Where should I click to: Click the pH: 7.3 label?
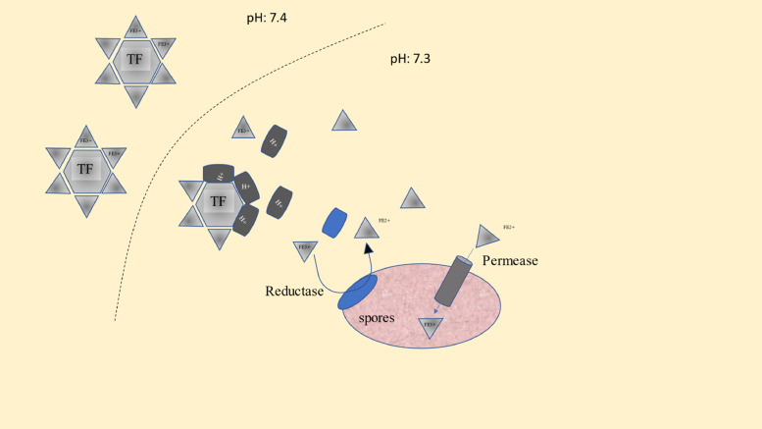coord(410,59)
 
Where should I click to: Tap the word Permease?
coord(510,261)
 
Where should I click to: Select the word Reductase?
coord(295,292)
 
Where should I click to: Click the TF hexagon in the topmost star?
coord(134,59)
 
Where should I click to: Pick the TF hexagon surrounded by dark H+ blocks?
coord(218,201)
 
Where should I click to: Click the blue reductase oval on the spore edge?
coord(357,293)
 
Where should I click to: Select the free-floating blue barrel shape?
coord(334,221)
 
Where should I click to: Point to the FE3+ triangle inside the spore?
coord(430,326)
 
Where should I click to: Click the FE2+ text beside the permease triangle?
coord(509,227)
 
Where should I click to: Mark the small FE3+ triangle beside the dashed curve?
coord(243,129)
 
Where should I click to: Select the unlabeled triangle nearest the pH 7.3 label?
coord(344,121)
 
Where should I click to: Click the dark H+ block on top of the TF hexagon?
coord(219,174)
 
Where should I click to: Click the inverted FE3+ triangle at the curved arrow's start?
coord(305,251)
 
